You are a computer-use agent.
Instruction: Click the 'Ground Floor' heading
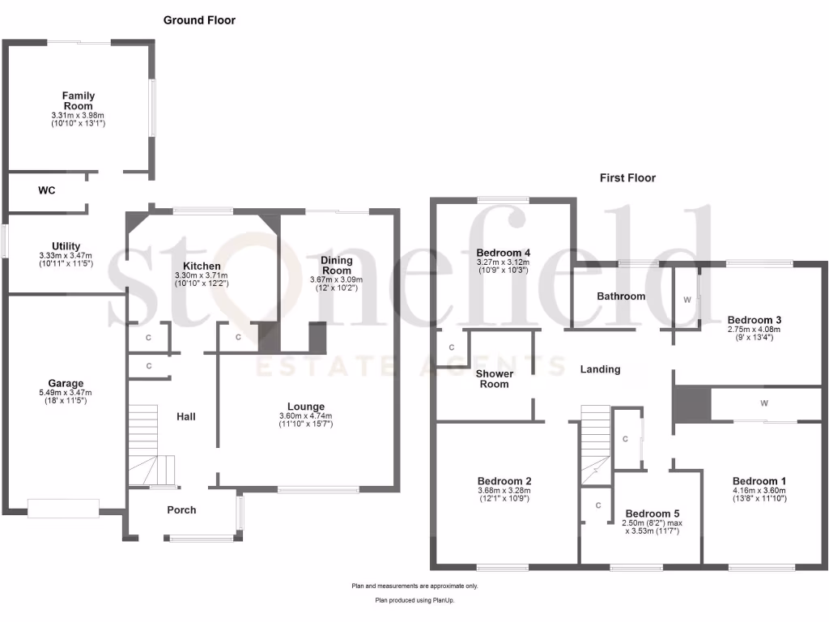click(x=199, y=20)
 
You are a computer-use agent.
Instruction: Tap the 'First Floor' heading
click(x=627, y=177)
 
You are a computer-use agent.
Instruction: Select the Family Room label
click(x=78, y=100)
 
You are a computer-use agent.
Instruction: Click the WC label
click(x=46, y=191)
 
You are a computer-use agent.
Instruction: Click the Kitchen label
click(x=202, y=266)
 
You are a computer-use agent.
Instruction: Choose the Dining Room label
click(x=337, y=265)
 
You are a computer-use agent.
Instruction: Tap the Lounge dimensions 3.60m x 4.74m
click(x=306, y=419)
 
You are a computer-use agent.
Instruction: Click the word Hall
click(x=186, y=416)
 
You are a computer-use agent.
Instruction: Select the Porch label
click(x=181, y=509)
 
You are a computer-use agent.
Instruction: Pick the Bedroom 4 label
click(x=503, y=252)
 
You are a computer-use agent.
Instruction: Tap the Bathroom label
click(x=621, y=296)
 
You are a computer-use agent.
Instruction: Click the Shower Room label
click(x=494, y=378)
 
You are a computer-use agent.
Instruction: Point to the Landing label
click(x=600, y=369)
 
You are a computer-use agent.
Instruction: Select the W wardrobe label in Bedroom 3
click(x=687, y=300)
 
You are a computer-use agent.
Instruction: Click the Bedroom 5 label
click(x=653, y=513)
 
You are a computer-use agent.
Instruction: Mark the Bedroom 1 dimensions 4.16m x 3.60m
click(x=759, y=492)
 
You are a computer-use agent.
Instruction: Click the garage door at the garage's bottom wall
click(x=63, y=508)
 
